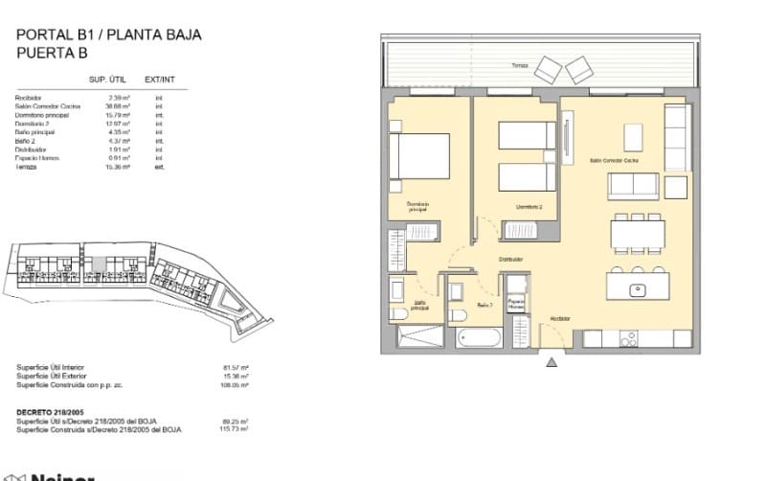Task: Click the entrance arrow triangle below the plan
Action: (552, 361)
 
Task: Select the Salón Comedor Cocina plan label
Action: (614, 162)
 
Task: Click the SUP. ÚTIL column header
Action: (110, 80)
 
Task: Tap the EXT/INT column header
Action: (158, 80)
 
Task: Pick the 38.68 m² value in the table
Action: (120, 106)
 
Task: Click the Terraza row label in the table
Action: (26, 167)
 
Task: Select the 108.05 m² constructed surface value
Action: (236, 386)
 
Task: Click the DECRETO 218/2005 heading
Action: (52, 412)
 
